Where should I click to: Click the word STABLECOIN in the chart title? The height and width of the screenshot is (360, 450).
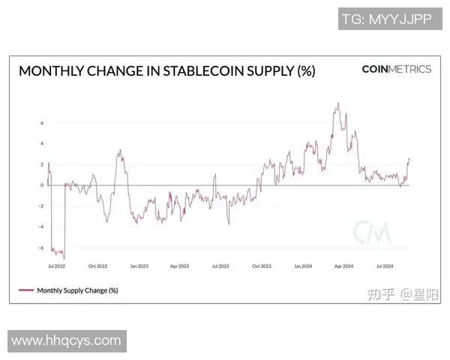point(205,71)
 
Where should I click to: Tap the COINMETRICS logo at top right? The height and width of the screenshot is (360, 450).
point(396,69)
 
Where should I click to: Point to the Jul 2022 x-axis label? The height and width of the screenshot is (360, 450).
point(55,265)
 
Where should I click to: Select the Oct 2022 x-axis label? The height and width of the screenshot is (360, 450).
point(97,265)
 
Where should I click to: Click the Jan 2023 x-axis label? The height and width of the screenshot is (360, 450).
point(138,265)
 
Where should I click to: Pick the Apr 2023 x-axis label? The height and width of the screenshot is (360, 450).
point(178,265)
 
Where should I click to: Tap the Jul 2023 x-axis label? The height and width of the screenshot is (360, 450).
point(220,265)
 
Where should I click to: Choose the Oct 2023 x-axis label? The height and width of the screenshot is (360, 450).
point(261,265)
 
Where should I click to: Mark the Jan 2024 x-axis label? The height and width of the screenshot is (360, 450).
point(302,265)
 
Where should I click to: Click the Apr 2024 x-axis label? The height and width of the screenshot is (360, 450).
point(343,265)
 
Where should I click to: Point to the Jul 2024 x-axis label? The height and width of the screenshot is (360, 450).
point(384,265)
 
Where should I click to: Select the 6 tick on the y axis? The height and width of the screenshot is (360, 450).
point(42,123)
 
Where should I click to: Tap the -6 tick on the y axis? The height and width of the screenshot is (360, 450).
point(40,247)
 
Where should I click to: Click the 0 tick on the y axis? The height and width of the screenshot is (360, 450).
point(42,185)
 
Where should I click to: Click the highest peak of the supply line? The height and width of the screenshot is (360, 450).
point(338,103)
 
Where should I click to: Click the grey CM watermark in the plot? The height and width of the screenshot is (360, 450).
point(372,232)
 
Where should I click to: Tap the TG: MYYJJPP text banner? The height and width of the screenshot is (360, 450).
point(386,19)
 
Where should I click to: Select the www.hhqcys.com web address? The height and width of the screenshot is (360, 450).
point(66,340)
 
